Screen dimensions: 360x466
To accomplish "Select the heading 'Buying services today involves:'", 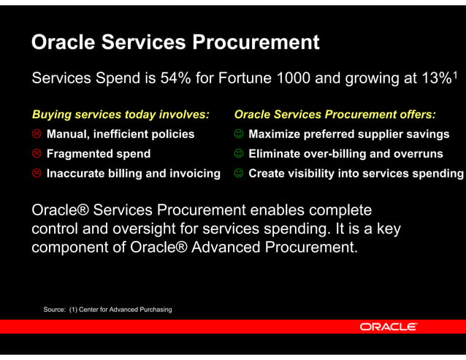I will pos(121,115).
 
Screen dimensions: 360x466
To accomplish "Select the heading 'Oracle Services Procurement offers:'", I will pos(335,115).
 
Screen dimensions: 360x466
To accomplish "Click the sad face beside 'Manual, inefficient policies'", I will pos(37,134).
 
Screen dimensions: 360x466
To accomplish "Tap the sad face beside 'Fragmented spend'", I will pos(37,154).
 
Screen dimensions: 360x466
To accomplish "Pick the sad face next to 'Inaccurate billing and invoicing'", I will pos(37,174).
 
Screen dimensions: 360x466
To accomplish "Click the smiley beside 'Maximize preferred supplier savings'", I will pos(239,134).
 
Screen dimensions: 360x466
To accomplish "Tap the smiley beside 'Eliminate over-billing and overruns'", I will pos(239,154).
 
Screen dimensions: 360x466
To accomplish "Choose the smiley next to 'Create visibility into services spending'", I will pos(239,174).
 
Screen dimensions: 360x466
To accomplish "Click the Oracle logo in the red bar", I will pos(389,326).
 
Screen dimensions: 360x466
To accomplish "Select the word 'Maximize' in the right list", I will pos(276,134).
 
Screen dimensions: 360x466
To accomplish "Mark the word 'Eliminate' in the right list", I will pos(278,154).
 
